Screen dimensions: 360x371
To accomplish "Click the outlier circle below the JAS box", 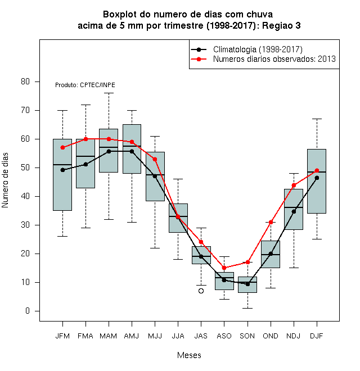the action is [201, 291].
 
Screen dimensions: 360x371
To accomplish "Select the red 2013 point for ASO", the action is [224, 268].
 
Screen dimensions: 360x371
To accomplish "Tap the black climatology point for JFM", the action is [62, 170].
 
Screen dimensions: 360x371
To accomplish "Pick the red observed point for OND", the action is [271, 222].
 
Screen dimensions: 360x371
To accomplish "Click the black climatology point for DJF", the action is [317, 178].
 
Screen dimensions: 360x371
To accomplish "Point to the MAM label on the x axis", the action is [109, 336].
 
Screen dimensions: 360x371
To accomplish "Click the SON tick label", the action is [247, 336].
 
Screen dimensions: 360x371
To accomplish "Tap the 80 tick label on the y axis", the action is [25, 82].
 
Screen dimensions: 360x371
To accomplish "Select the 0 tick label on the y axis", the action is [28, 311].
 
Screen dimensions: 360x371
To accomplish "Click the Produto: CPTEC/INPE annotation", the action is [85, 85].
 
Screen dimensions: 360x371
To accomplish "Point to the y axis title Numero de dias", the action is [5, 180].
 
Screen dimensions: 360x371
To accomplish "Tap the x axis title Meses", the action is [189, 355].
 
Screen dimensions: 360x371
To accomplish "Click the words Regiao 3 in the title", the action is [281, 25].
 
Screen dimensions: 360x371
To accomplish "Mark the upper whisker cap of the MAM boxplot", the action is [109, 93].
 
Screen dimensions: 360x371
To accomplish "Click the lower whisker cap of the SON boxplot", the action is [247, 308].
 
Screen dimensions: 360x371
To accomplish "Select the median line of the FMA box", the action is [85, 156].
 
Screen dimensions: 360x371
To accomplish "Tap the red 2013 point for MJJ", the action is [155, 159].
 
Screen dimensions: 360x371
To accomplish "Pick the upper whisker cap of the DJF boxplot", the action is [317, 119].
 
